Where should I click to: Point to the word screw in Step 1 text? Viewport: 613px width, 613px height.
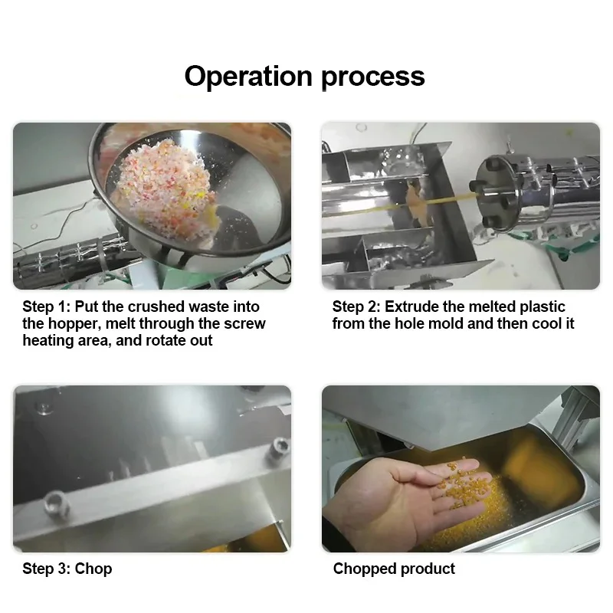pos(244,323)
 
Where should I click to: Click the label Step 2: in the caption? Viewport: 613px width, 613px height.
pos(356,306)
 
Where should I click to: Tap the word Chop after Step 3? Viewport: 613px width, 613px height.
pos(93,569)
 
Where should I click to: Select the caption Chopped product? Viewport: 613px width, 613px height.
pos(394,569)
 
